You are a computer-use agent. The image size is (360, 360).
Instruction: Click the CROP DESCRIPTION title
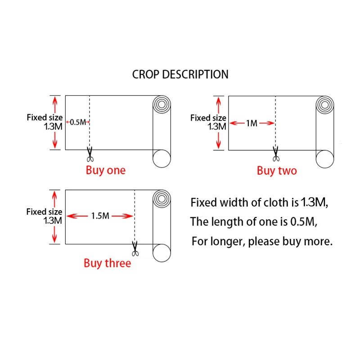(x=180, y=74)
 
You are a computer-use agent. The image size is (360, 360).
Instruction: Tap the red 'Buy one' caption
(x=106, y=170)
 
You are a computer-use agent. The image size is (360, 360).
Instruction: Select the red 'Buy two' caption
(x=277, y=171)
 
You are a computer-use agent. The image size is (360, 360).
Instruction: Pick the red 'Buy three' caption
(x=107, y=263)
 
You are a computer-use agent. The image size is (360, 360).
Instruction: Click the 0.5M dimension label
(x=78, y=122)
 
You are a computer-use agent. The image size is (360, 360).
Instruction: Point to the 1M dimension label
(x=252, y=123)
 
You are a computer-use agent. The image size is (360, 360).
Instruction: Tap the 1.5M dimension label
(x=100, y=216)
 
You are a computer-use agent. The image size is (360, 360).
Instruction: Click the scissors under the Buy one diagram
(x=90, y=155)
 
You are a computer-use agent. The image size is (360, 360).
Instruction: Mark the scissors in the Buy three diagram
(x=135, y=248)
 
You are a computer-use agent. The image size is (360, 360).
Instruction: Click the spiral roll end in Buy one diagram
(x=162, y=104)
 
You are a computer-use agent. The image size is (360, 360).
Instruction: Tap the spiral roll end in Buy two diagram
(x=325, y=104)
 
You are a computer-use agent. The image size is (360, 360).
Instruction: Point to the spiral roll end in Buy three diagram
(x=162, y=198)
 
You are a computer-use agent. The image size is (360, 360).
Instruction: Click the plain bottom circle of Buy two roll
(x=325, y=158)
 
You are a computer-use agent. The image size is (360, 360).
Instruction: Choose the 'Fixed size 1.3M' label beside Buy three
(x=45, y=216)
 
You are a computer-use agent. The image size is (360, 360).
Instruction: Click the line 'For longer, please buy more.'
(x=262, y=241)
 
